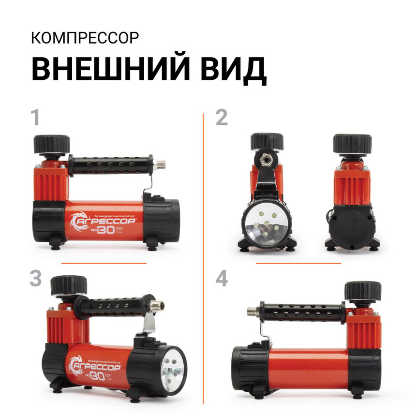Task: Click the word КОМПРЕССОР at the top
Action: point(85,38)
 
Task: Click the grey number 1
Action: point(35,118)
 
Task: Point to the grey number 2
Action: point(222,118)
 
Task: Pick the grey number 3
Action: point(35,279)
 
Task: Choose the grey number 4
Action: point(222,279)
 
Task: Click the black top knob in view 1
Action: point(51,144)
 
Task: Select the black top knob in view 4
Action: point(362,292)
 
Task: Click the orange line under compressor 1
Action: point(104,263)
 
